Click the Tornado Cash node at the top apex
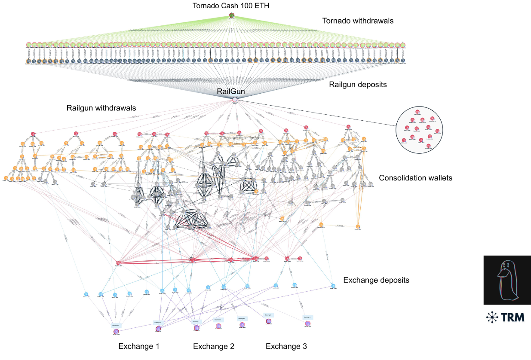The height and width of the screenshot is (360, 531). coord(232,16)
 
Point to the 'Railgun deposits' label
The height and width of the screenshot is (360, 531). coord(358,85)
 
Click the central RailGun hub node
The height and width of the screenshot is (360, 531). coord(235,100)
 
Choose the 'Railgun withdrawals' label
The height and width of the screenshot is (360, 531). coord(101,108)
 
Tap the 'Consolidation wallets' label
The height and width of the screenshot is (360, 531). coord(416,178)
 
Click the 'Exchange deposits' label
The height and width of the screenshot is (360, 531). coord(376,280)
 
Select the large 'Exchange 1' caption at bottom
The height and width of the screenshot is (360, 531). coord(139,346)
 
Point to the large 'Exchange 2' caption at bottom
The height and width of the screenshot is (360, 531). coord(213,346)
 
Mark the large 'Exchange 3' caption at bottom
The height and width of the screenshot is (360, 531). coord(286,346)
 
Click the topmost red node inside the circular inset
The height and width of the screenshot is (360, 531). coord(418,112)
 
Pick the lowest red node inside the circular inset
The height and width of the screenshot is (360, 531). coord(428,146)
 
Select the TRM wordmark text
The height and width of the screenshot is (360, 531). coord(513,317)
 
